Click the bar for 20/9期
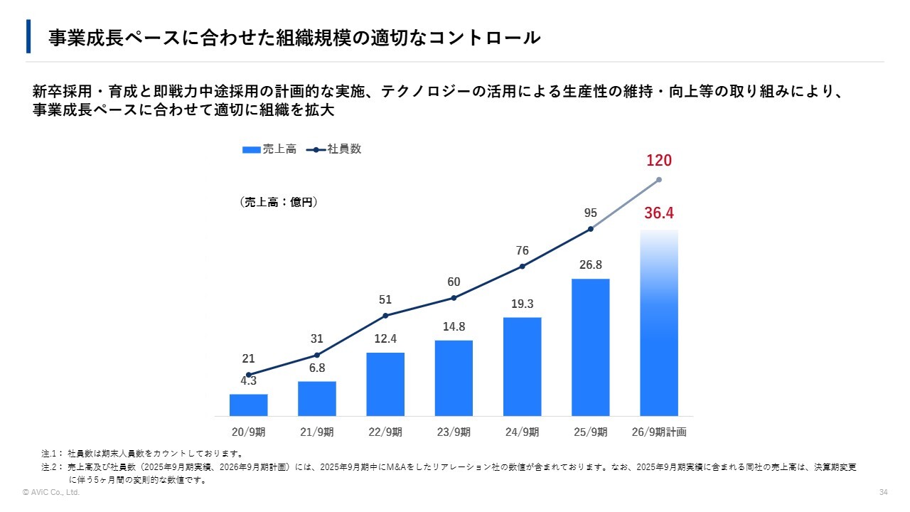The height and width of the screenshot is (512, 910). (x=248, y=405)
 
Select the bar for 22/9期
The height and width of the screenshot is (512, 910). (x=385, y=384)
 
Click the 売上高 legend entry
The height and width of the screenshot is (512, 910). (x=269, y=149)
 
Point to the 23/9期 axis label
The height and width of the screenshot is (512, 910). (x=454, y=432)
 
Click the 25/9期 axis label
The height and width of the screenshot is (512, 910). (x=590, y=432)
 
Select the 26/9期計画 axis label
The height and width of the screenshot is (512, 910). (x=659, y=432)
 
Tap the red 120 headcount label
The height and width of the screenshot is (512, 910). (x=659, y=161)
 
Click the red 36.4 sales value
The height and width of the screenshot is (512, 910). (x=659, y=213)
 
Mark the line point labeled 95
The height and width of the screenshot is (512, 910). (x=591, y=229)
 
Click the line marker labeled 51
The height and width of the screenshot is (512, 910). (x=385, y=316)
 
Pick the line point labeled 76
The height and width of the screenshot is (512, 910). (x=523, y=267)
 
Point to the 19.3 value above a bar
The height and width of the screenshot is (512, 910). (x=523, y=304)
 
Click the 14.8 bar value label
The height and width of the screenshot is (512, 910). (x=454, y=327)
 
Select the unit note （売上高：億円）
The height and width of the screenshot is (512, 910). (x=278, y=202)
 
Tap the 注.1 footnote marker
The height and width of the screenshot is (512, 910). (x=52, y=453)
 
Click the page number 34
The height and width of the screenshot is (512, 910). (x=884, y=493)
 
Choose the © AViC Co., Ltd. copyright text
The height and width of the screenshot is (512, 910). (x=51, y=493)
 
